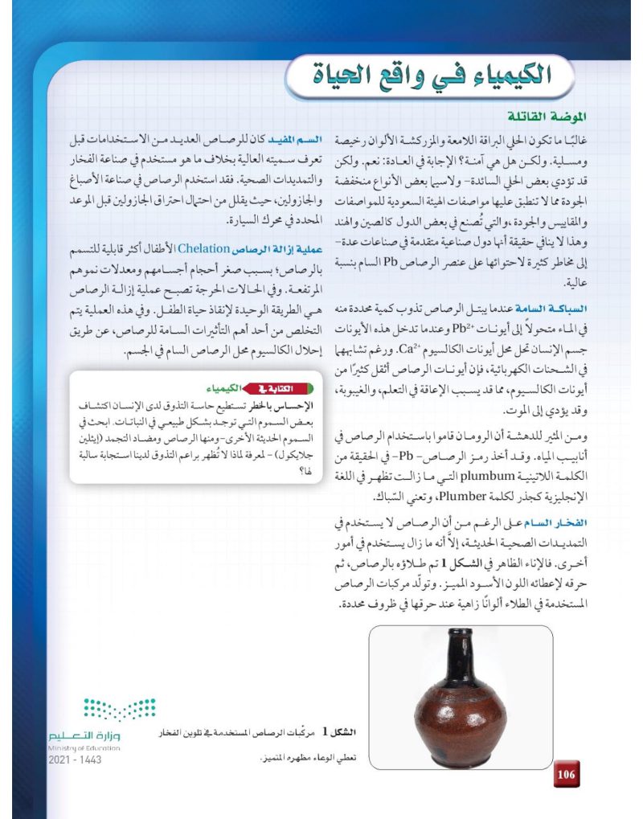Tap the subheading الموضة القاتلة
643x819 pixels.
click(x=547, y=116)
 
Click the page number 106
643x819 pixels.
click(x=566, y=774)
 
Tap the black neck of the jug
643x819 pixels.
click(x=457, y=648)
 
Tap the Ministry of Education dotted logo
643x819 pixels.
click(x=120, y=710)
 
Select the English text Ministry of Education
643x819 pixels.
click(x=84, y=748)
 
